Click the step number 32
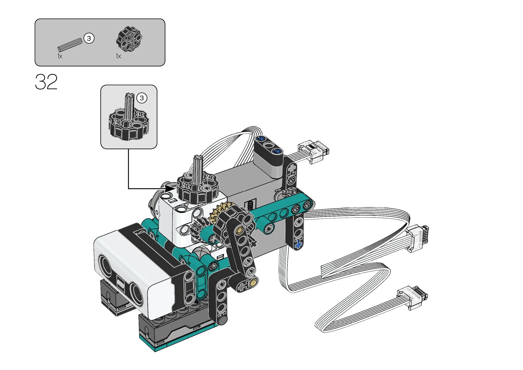click(46, 82)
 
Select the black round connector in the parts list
click(129, 39)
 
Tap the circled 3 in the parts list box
click(89, 38)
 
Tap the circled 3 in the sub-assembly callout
click(142, 98)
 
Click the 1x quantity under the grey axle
click(60, 56)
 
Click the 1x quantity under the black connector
click(119, 56)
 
